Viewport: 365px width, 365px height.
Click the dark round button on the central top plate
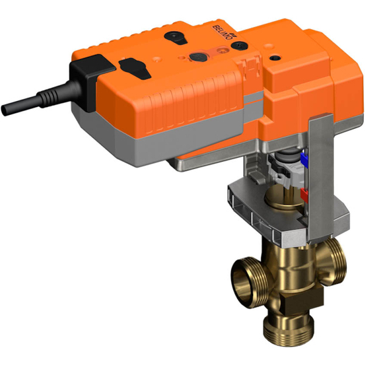[197, 57]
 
